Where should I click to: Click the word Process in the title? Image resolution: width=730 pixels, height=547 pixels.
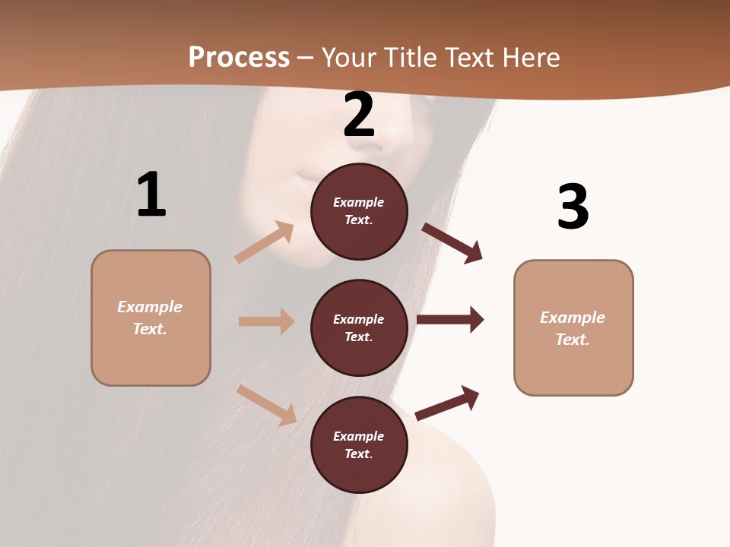pos(239,58)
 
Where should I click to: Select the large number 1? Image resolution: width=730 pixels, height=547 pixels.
pos(151,194)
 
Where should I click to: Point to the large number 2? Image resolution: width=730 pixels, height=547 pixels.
pos(359,115)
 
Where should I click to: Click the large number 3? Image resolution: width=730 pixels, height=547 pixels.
pos(573,207)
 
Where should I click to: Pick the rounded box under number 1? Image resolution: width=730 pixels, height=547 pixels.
pos(151,318)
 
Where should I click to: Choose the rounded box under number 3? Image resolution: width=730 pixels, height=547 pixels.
pos(573,327)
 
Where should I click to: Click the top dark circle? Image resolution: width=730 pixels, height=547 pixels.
pos(359,211)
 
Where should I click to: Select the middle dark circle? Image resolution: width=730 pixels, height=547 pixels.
pos(359,327)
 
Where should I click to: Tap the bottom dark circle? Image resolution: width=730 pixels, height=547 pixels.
pos(359,444)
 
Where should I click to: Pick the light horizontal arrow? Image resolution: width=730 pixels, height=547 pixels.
pos(266,321)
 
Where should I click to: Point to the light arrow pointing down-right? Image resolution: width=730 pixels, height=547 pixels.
pos(267,404)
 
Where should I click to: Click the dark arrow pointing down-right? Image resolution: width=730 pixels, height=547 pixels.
pos(452,242)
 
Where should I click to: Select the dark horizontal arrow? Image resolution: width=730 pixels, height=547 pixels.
pos(450,320)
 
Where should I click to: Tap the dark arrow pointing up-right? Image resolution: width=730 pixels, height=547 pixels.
pos(447,403)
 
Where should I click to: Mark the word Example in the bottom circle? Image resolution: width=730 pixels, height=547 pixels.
pos(359,436)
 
